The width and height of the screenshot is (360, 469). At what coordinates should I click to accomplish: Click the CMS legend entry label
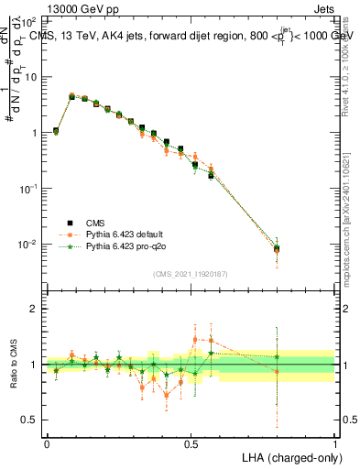click(95, 222)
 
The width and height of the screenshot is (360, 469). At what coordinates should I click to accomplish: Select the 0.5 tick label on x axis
click(191, 442)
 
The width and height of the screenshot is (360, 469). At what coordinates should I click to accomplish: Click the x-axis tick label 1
click(335, 442)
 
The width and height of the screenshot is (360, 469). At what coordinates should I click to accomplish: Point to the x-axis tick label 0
click(47, 442)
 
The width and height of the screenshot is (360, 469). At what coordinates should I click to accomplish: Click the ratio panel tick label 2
click(33, 309)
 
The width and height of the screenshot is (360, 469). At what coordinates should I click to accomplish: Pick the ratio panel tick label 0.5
click(29, 420)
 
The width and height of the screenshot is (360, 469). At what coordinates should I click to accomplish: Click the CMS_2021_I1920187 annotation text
click(190, 274)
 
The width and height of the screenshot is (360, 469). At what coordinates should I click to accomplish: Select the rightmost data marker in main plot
click(278, 248)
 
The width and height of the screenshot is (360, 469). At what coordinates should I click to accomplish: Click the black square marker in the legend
click(69, 222)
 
